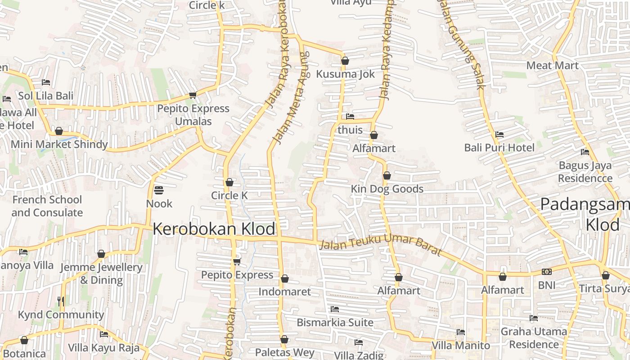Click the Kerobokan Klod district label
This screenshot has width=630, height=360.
coord(214,229)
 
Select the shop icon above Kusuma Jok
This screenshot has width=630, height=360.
coord(345,61)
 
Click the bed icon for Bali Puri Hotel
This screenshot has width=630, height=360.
coord(499,134)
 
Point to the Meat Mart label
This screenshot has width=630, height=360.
coord(552,65)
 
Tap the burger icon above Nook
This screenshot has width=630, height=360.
coord(158,190)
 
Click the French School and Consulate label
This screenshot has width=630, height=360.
coord(47,206)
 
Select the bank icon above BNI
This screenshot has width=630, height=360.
coord(546,272)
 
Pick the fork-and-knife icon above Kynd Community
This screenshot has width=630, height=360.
coord(61,301)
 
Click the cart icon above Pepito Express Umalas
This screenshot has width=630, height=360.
coord(193,95)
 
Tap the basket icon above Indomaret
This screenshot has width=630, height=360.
coord(284,279)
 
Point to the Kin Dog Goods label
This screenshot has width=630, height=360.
coord(387,189)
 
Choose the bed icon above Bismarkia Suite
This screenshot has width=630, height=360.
coord(334,309)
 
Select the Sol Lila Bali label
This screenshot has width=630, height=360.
coord(45,96)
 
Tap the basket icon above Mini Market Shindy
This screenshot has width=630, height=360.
coord(58,131)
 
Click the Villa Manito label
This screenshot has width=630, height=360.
coord(460,346)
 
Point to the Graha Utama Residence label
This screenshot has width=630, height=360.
coord(534,338)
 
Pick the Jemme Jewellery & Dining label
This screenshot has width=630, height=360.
coord(101,274)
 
